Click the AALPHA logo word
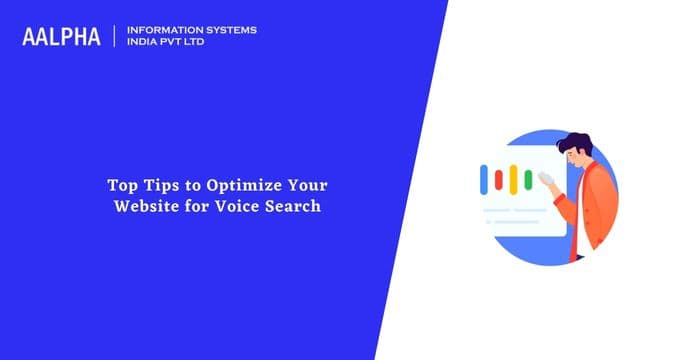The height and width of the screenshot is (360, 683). (62, 37)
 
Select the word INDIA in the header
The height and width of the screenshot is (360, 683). (143, 43)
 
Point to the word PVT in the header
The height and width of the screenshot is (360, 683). (175, 43)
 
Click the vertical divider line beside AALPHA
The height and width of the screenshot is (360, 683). (116, 36)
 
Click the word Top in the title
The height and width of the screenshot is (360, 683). (123, 185)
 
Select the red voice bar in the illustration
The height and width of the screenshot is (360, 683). (500, 179)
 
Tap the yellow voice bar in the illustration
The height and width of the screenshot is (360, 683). (513, 180)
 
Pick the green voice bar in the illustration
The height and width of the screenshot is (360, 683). (527, 180)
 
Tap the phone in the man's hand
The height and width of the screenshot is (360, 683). (548, 177)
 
